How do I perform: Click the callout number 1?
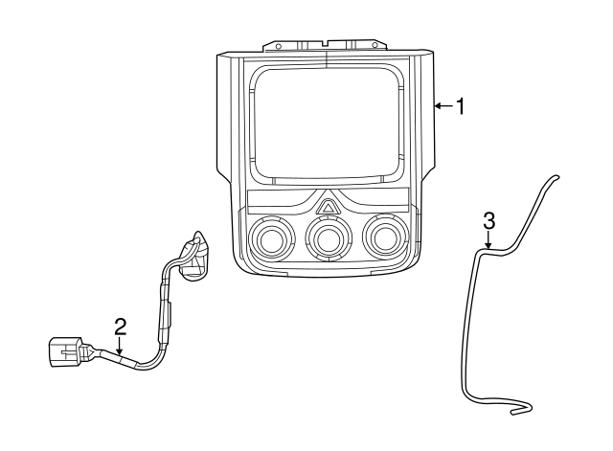pos(462,106)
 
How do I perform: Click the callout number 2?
pos(121,327)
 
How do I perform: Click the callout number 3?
pos(489,221)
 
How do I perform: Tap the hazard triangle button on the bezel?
pos(328,206)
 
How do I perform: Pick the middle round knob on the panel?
pos(328,238)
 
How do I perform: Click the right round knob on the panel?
pos(385,237)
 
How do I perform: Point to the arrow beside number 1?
pos(443,105)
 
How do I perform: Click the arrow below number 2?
pos(120,346)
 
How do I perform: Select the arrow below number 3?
pos(488,239)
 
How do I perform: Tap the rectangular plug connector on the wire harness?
pos(65,351)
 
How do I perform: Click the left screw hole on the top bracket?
pos(279,47)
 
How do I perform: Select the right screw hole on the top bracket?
pos(375,45)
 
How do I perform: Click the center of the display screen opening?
pos(328,123)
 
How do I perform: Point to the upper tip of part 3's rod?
pos(556,177)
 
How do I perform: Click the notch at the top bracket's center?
pos(326,42)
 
